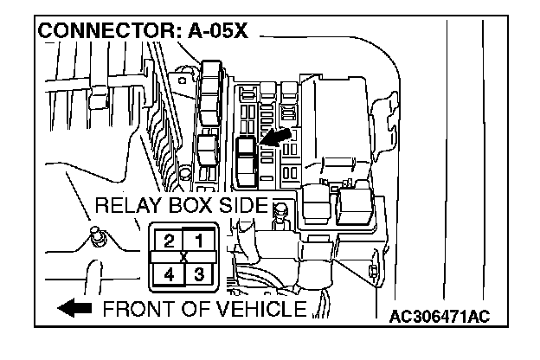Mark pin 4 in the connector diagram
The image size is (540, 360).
pos(170,275)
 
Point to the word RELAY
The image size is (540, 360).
pos(129,206)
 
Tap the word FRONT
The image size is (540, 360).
pos(138,310)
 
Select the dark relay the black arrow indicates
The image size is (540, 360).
pos(246,151)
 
